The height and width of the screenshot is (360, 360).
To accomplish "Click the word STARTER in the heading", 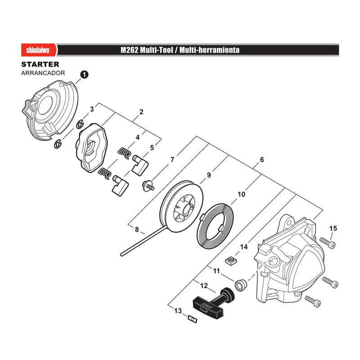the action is pyautogui.click(x=40, y=64).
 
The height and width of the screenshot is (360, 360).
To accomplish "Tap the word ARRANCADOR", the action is pyautogui.click(x=43, y=73).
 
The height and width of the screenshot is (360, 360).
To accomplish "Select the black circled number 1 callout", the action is pyautogui.click(x=85, y=75).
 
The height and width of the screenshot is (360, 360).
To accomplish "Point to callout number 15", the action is pyautogui.click(x=333, y=229).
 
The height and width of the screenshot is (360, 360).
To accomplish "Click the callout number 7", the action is pyautogui.click(x=172, y=160).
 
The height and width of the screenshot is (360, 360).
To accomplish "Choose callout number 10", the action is pyautogui.click(x=241, y=194).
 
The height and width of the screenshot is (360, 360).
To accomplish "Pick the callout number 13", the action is pyautogui.click(x=178, y=311).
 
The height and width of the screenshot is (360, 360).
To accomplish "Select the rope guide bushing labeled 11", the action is pyautogui.click(x=241, y=285).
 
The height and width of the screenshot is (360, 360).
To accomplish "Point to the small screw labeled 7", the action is pyautogui.click(x=148, y=185).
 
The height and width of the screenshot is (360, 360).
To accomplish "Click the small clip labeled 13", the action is pyautogui.click(x=193, y=319).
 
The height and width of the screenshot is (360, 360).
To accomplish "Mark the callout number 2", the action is pyautogui.click(x=141, y=112).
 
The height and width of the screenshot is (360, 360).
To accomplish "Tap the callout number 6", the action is pyautogui.click(x=262, y=160).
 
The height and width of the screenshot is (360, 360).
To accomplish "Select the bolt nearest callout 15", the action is pyautogui.click(x=328, y=243).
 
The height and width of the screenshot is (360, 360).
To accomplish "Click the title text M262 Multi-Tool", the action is pyautogui.click(x=147, y=50).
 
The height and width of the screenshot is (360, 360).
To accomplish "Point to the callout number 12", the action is pyautogui.click(x=204, y=286).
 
